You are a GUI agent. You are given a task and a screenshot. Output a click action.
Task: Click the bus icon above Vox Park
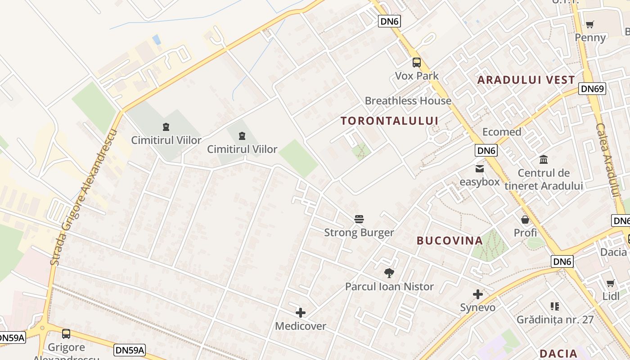pyautogui.click(x=417, y=63)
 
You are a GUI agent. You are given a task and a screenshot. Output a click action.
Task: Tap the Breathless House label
pyautogui.click(x=408, y=101)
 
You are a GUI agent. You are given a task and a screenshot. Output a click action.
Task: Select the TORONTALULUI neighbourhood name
pyautogui.click(x=389, y=121)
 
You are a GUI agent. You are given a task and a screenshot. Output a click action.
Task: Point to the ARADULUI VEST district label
pyautogui.click(x=526, y=80)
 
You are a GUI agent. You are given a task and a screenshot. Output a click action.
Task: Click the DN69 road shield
pyautogui.click(x=592, y=89)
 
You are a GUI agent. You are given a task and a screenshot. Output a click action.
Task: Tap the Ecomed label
pyautogui.click(x=502, y=132)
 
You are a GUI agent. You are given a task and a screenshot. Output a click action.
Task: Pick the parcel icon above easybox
pyautogui.click(x=480, y=169)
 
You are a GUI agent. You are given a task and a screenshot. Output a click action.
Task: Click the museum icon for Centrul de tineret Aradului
pyautogui.click(x=544, y=160)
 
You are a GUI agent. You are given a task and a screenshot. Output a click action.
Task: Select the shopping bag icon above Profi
pyautogui.click(x=525, y=220)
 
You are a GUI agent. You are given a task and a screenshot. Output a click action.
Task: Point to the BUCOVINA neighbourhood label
pyautogui.click(x=450, y=241)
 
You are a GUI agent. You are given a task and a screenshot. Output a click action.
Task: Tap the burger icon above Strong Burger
pyautogui.click(x=359, y=219)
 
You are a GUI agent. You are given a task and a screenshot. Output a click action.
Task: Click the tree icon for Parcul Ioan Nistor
pyautogui.click(x=389, y=273)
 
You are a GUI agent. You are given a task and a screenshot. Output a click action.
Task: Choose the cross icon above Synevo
pyautogui.click(x=478, y=294)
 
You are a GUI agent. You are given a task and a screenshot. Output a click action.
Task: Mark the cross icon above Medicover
pyautogui.click(x=301, y=312)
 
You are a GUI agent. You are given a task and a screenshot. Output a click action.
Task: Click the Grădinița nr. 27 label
pyautogui.click(x=555, y=320)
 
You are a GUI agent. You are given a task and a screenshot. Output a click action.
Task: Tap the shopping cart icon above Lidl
pyautogui.click(x=611, y=283)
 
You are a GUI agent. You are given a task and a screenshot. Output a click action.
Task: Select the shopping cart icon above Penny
pyautogui.click(x=590, y=24)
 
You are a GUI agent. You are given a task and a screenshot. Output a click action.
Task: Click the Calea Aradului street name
pyautogui.click(x=607, y=160)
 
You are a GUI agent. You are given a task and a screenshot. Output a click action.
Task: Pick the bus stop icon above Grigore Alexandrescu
pyautogui.click(x=66, y=334)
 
